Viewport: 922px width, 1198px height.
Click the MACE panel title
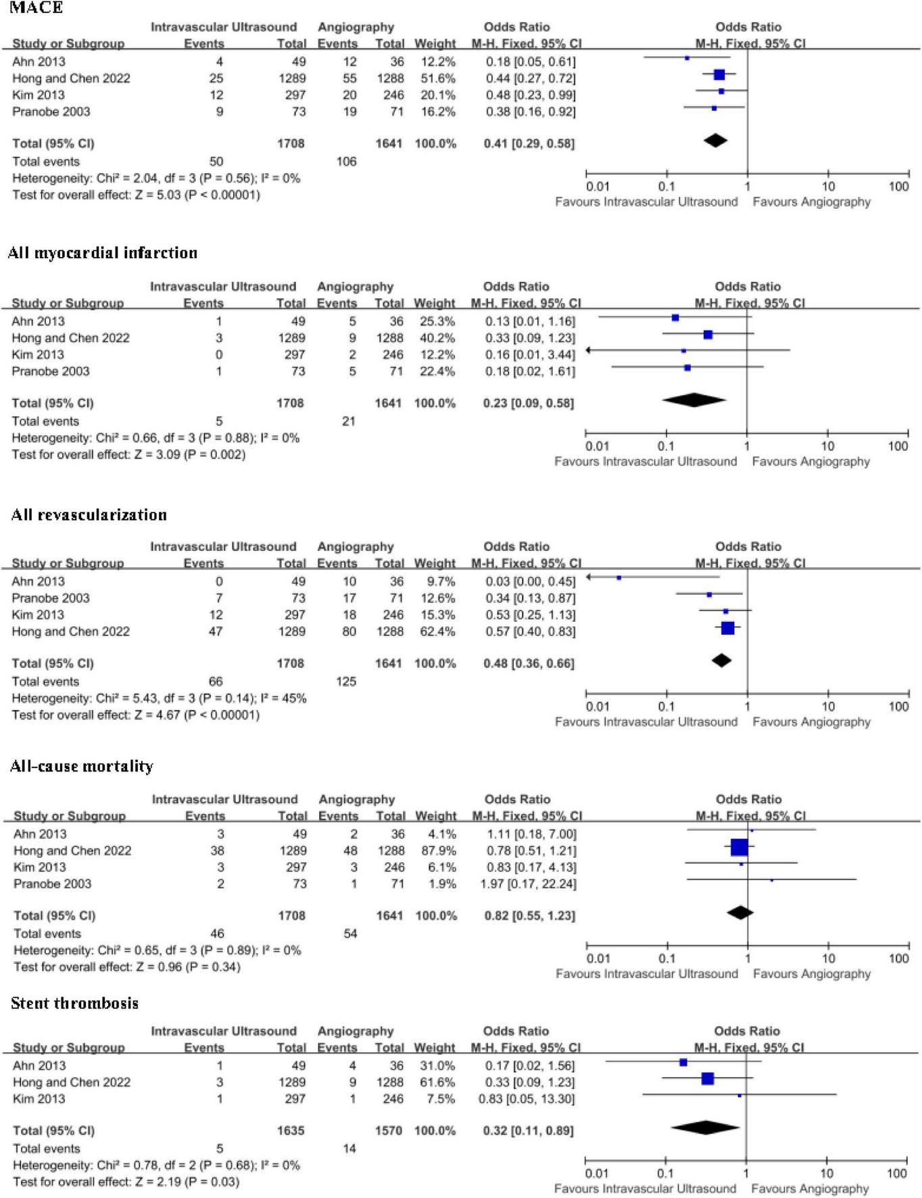[36, 7]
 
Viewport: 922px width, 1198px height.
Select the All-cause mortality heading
[82, 766]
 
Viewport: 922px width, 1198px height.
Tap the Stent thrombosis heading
[74, 1003]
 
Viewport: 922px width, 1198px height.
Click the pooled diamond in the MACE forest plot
[715, 141]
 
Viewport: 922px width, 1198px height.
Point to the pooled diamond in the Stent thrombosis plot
[705, 1127]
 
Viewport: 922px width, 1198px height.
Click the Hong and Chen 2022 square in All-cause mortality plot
[739, 847]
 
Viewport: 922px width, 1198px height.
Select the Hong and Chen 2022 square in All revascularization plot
[727, 628]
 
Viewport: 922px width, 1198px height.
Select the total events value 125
[346, 681]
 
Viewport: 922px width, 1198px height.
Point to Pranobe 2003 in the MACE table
[51, 112]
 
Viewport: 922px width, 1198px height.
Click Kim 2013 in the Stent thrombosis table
[39, 1099]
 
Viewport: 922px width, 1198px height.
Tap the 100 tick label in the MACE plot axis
[898, 187]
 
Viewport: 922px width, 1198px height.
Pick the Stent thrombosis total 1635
[291, 1130]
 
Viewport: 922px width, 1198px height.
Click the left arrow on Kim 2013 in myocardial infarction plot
[589, 350]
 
